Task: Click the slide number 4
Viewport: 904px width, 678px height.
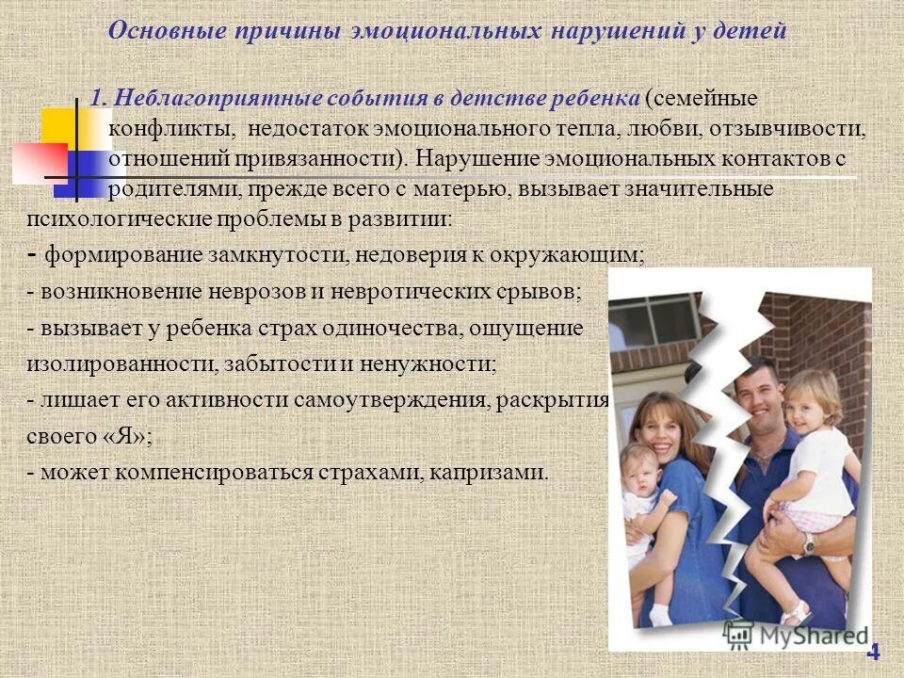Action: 873,652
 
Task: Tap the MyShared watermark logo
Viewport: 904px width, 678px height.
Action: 796,634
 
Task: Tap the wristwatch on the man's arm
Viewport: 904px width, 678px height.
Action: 809,543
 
